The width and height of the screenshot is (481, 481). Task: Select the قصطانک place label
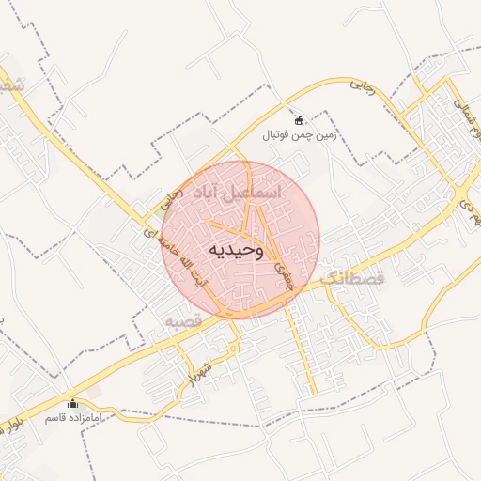pyautogui.click(x=353, y=279)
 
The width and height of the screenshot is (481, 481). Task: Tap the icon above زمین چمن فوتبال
pyautogui.click(x=300, y=120)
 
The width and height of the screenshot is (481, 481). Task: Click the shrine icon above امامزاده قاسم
pyautogui.click(x=73, y=404)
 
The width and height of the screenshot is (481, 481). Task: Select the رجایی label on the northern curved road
pyautogui.click(x=363, y=87)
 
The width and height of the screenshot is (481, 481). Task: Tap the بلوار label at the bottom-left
pyautogui.click(x=11, y=424)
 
